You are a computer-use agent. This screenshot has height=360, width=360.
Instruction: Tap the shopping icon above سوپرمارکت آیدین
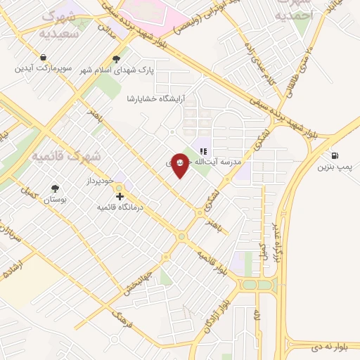(44, 58)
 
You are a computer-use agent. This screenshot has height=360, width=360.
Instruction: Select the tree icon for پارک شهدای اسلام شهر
(117, 60)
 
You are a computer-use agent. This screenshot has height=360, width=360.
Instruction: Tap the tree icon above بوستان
(55, 188)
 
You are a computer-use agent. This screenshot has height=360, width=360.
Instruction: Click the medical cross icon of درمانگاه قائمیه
(120, 197)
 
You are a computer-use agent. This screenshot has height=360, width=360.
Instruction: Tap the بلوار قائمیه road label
(212, 262)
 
